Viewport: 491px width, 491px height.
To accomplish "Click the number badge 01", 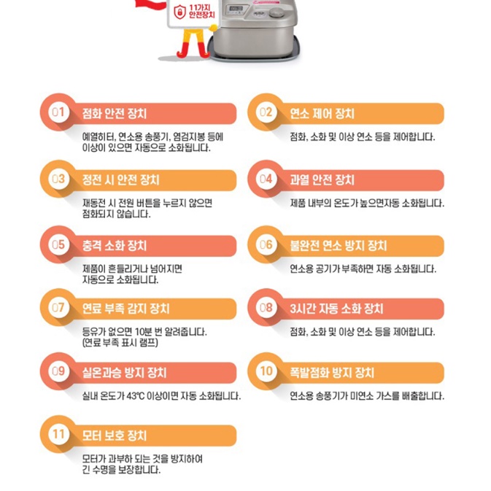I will (x=58, y=113).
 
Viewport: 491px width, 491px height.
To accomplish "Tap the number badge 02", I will (x=266, y=113).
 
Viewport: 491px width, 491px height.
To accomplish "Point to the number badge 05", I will (x=58, y=245).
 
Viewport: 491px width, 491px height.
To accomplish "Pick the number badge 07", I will (x=58, y=309).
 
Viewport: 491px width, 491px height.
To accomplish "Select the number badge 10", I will (x=266, y=372).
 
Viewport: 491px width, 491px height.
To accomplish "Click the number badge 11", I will (x=58, y=436).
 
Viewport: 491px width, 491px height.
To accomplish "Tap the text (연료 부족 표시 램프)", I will (x=123, y=342).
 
